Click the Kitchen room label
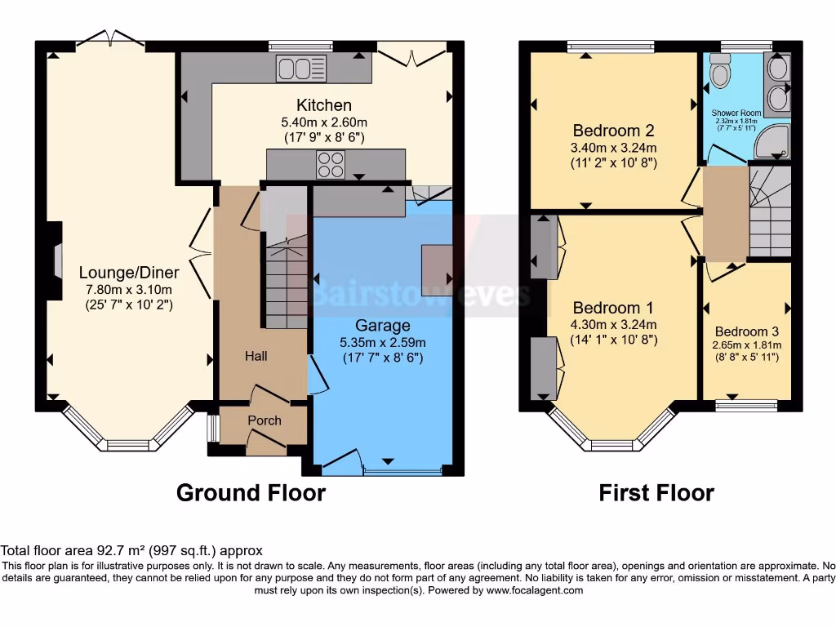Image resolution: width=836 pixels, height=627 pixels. (324, 105)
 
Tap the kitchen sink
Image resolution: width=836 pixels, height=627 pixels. (300, 68)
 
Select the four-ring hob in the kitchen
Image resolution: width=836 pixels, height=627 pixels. (331, 166)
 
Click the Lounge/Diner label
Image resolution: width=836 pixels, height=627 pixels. (130, 272)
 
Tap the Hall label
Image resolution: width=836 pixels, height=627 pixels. (256, 356)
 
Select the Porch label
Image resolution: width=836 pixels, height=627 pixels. (264, 420)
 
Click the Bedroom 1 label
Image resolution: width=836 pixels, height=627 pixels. (613, 308)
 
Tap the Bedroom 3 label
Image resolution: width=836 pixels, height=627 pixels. (746, 331)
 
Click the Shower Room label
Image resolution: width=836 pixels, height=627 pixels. (736, 113)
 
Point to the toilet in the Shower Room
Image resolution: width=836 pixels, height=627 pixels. (719, 73)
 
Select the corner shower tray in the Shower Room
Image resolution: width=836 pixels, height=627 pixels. (772, 144)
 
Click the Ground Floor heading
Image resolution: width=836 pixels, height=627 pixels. (251, 493)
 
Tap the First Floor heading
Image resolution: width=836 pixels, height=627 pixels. (656, 493)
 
